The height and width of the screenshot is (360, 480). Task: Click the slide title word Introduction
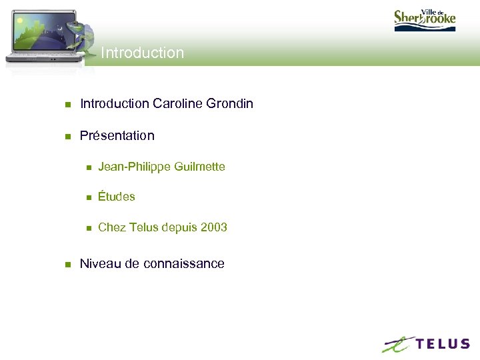click(x=142, y=53)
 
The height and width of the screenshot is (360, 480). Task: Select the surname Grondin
click(x=230, y=103)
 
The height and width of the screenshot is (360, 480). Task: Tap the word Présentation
click(x=117, y=135)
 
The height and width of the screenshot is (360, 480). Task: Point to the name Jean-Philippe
click(x=134, y=167)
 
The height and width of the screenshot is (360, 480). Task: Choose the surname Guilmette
click(x=199, y=167)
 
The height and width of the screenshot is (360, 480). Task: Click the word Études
click(x=116, y=197)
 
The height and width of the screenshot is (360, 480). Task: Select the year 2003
click(x=213, y=227)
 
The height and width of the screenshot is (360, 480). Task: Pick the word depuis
click(x=177, y=227)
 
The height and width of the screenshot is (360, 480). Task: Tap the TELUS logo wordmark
click(x=443, y=344)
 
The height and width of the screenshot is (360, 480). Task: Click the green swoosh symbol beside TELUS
click(x=398, y=344)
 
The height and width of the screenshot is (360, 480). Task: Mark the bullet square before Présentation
click(x=67, y=137)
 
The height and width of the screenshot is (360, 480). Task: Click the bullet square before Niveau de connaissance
click(x=67, y=265)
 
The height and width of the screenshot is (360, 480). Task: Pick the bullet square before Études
click(x=87, y=197)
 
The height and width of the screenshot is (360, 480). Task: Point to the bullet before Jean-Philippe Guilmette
click(x=87, y=167)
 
